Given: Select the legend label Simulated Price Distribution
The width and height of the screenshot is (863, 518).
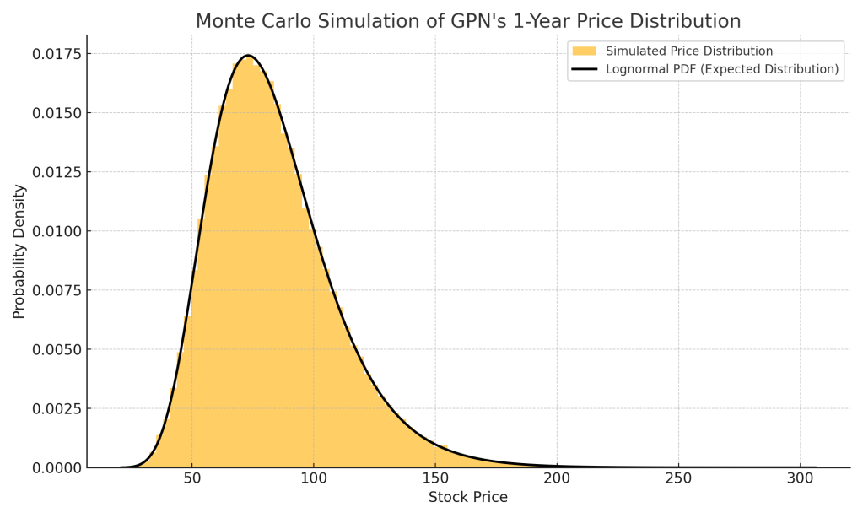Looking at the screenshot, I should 689,51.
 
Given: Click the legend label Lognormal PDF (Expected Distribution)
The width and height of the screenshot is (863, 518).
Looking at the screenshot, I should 722,69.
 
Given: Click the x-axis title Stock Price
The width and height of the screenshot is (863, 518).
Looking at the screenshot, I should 468,498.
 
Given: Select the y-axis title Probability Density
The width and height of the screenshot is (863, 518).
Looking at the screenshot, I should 19,251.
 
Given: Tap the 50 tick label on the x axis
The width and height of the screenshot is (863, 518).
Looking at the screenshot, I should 191,478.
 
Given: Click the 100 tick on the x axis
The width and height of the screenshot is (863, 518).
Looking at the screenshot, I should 313,478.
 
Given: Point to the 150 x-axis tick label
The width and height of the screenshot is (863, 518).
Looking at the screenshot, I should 435,478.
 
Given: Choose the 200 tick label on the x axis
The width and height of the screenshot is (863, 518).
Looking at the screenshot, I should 557,478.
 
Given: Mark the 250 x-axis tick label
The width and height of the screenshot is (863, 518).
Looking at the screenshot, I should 678,478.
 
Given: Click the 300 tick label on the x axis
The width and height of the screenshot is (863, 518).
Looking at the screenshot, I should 800,478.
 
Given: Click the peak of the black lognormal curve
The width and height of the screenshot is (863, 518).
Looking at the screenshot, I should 247,56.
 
